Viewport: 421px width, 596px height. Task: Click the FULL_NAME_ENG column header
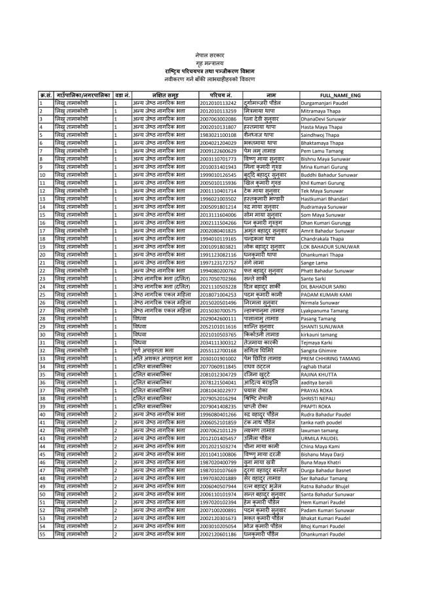click(340, 96)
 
